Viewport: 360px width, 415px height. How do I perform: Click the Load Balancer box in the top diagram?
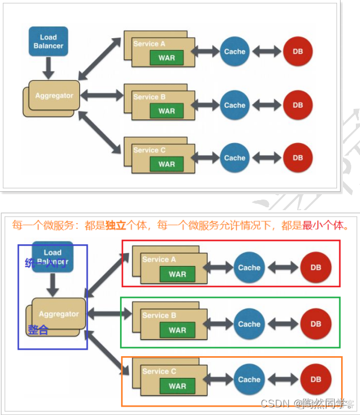pos(48,41)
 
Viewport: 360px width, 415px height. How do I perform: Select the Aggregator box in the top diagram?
pos(54,95)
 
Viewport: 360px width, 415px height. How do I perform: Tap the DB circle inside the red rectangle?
pos(316,268)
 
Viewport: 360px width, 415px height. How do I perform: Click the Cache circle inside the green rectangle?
pos(249,324)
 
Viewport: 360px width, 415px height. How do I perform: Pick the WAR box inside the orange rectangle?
pos(177,387)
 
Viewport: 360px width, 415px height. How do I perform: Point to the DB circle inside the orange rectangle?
pos(316,380)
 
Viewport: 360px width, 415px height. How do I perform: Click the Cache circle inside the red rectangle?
pos(249,268)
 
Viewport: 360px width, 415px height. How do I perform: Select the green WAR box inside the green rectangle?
pos(177,330)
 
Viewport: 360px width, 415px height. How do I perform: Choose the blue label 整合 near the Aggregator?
pos(38,330)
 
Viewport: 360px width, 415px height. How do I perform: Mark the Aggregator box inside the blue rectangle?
pos(59,314)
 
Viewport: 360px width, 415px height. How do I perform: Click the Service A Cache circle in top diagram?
pos(234,52)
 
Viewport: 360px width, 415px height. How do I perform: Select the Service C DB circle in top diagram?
pos(298,158)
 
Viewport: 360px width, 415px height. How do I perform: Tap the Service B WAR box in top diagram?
pos(166,111)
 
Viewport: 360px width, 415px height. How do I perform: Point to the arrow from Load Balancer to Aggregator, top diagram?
pos(48,68)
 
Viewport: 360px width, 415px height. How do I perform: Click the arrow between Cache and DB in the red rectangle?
pos(282,268)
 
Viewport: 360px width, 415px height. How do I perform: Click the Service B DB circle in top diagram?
pos(298,105)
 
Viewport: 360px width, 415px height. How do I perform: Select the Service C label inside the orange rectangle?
pos(159,371)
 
